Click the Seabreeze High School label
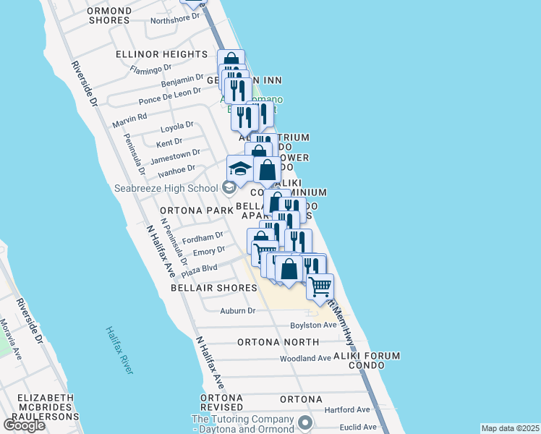click(x=166, y=189)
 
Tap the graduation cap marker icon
click(x=240, y=169)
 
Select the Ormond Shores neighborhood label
click(x=108, y=15)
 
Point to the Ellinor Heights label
click(x=162, y=54)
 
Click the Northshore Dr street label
click(x=174, y=19)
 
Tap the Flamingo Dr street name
click(x=150, y=69)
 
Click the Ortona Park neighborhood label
click(x=194, y=210)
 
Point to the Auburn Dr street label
click(x=238, y=311)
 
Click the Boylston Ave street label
click(x=314, y=325)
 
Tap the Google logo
click(x=24, y=425)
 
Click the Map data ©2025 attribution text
click(x=509, y=428)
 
